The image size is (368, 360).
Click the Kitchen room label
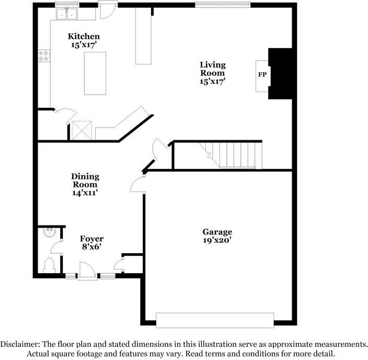pyautogui.click(x=84, y=37)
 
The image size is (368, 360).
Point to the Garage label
pyautogui.click(x=217, y=232)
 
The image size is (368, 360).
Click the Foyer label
pyautogui.click(x=91, y=239)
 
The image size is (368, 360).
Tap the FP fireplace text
pyautogui.click(x=262, y=75)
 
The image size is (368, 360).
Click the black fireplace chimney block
pyautogui.click(x=280, y=73)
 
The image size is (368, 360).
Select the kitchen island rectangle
pyautogui.click(x=95, y=73)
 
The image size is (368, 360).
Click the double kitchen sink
pyautogui.click(x=66, y=14)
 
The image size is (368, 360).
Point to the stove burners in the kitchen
pyautogui.click(x=44, y=56)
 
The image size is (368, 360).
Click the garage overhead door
pyautogui.click(x=215, y=320)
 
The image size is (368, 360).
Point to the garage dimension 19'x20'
pyautogui.click(x=217, y=241)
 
